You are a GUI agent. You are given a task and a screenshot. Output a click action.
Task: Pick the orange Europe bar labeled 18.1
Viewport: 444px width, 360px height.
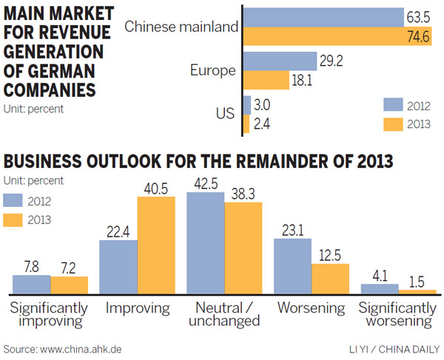point(266,80)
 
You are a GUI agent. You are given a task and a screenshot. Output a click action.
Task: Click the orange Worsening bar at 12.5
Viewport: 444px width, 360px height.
point(330,279)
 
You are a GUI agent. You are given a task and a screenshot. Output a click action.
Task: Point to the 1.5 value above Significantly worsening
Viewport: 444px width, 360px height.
point(417,281)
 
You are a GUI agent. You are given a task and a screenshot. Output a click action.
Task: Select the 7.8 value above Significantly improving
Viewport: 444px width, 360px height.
point(32,266)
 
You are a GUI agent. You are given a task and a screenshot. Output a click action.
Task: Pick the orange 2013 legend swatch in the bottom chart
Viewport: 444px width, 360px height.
point(18,220)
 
